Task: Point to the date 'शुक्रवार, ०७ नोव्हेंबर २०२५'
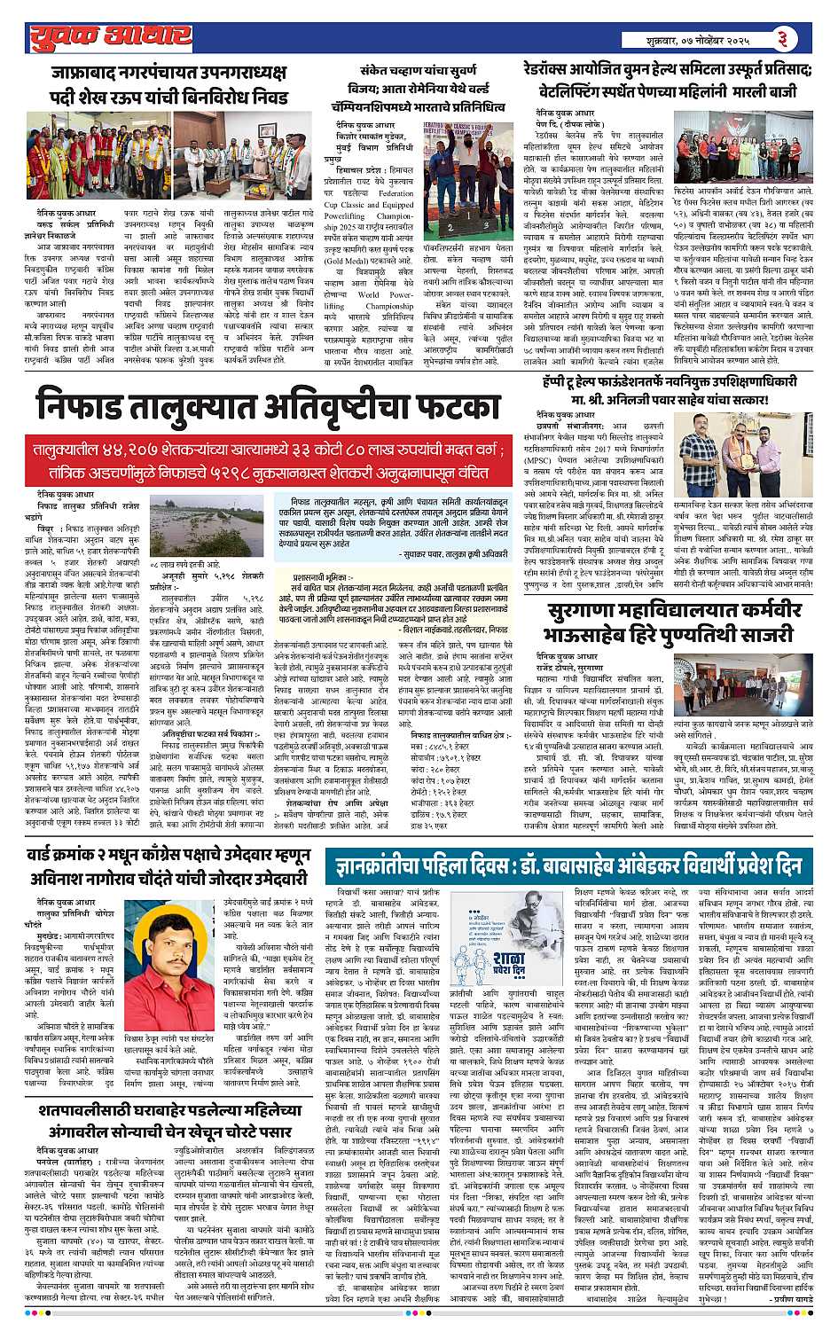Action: (x=698, y=40)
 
